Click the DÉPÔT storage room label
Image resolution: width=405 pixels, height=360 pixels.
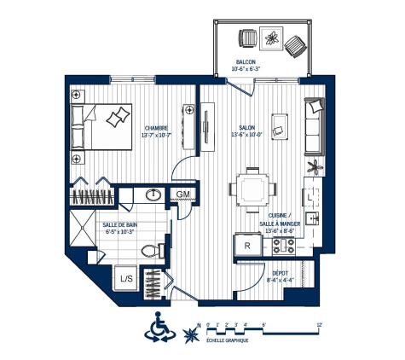click(x=279, y=274)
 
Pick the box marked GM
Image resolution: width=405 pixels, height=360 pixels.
click(x=182, y=195)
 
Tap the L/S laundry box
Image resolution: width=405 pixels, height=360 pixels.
click(x=125, y=278)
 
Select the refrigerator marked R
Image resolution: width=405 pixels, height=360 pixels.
click(x=247, y=246)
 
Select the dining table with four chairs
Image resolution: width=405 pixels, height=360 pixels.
click(x=252, y=187)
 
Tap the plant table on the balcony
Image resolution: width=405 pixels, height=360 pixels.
click(x=272, y=38)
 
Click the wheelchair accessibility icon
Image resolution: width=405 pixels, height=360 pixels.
click(x=159, y=327)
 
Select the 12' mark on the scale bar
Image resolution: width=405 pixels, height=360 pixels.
click(x=317, y=324)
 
